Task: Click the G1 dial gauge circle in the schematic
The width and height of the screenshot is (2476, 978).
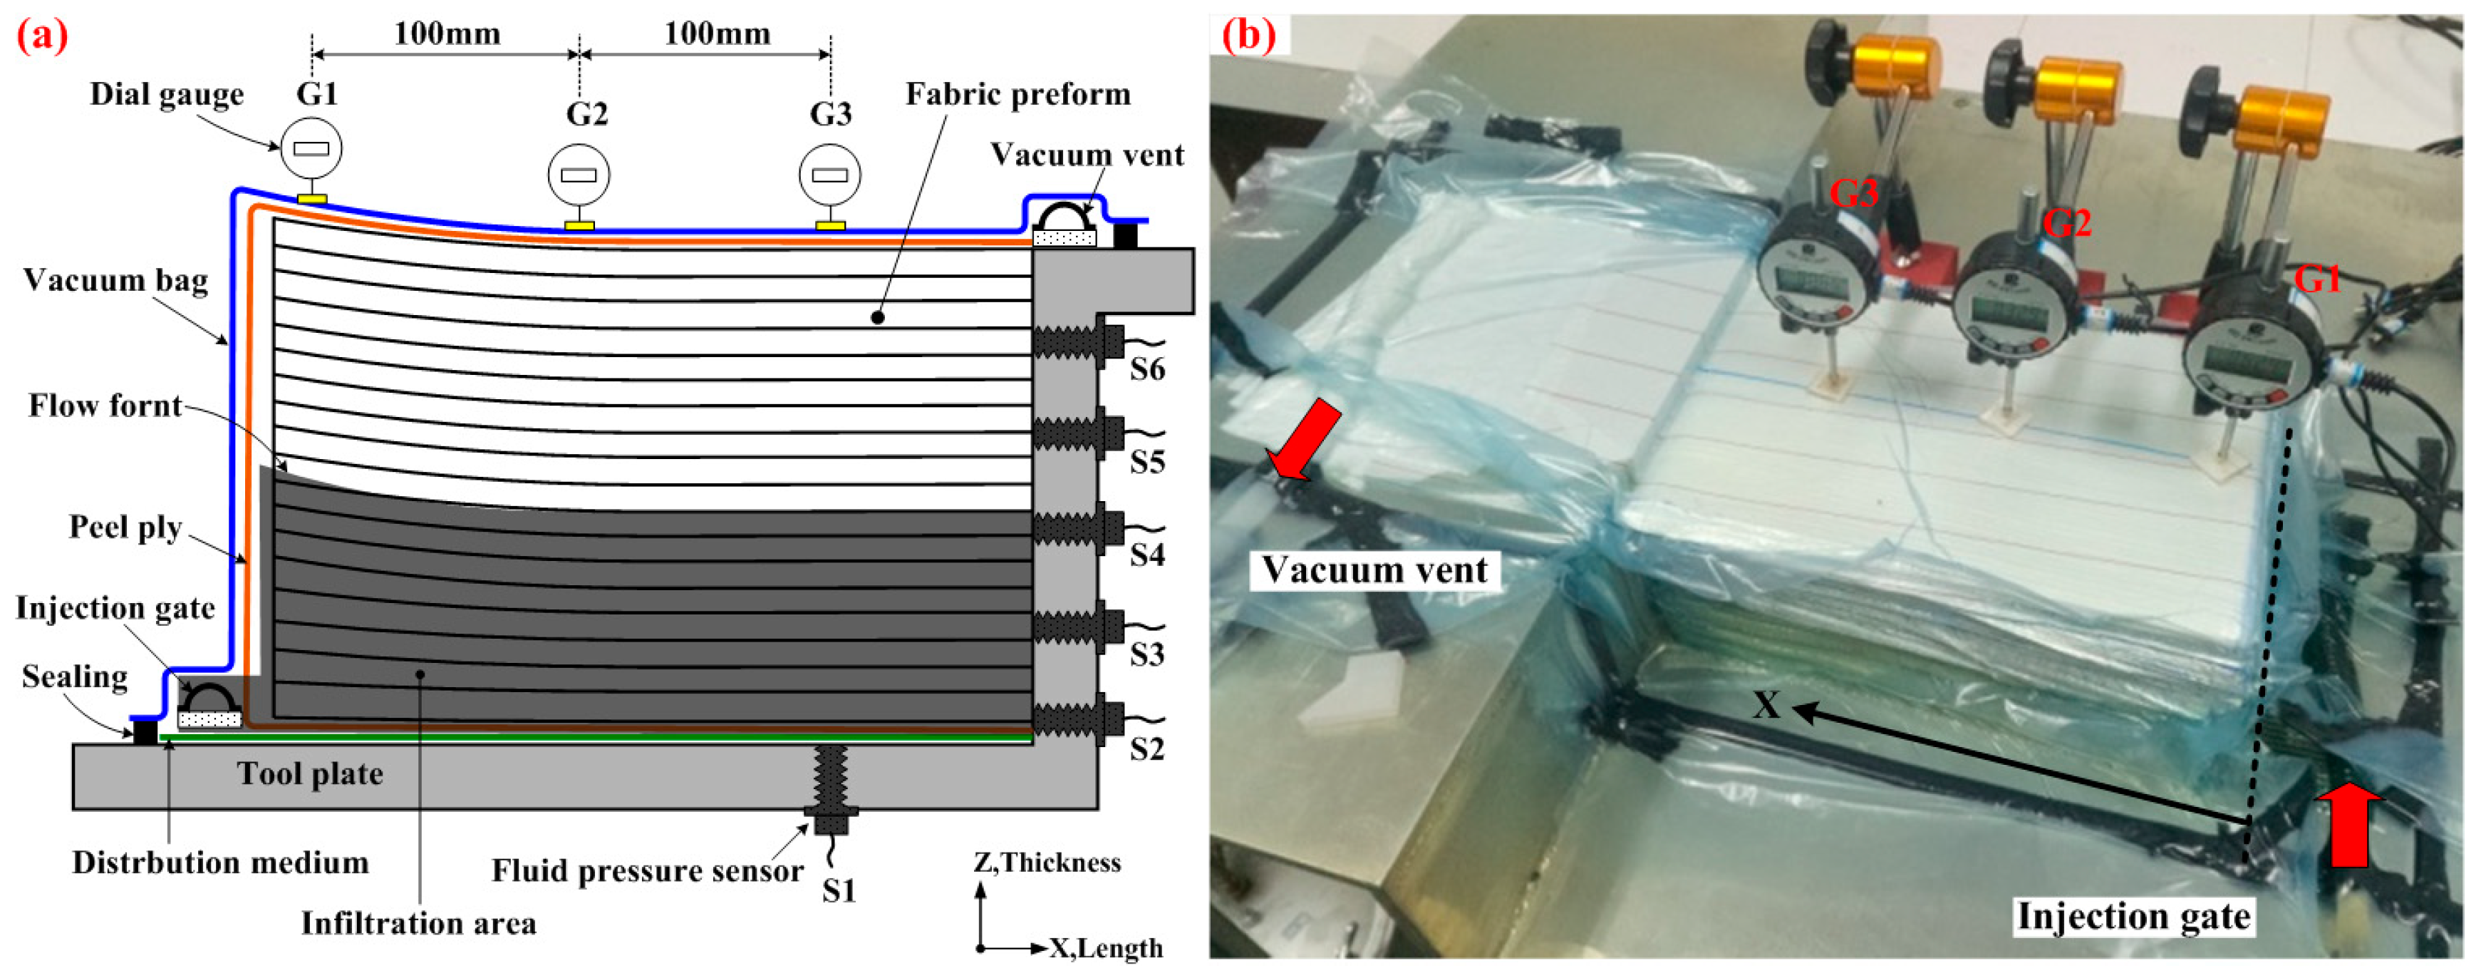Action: tap(311, 148)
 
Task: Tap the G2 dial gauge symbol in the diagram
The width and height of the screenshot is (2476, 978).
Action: tap(578, 175)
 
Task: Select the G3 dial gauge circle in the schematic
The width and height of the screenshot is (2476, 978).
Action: tap(829, 175)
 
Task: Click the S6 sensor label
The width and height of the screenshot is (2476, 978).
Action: tap(1146, 369)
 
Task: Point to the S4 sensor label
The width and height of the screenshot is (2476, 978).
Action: tap(1146, 555)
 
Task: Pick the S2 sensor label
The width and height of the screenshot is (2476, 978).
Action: tap(1146, 749)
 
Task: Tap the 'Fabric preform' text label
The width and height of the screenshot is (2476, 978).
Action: tap(1018, 94)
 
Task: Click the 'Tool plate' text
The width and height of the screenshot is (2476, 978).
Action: tap(311, 774)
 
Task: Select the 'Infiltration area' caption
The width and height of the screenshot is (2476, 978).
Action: tap(418, 923)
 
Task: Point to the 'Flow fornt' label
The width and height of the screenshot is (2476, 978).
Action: tap(105, 406)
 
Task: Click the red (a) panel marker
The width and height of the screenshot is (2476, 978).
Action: tap(42, 36)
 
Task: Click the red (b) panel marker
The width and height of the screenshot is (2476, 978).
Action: tap(1248, 36)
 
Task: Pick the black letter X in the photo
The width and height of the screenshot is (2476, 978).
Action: tap(1766, 706)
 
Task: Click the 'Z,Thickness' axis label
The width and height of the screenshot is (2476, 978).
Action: tap(1047, 863)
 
